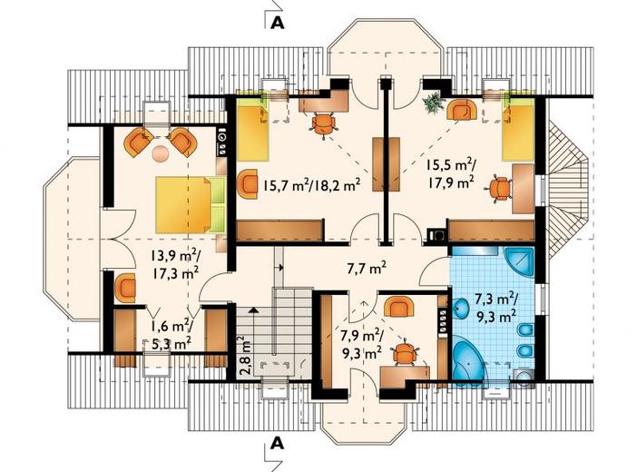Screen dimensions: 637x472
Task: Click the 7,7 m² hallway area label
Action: click(367, 269)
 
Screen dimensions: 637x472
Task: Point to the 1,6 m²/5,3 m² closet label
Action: click(171, 335)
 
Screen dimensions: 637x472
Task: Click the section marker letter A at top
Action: click(278, 24)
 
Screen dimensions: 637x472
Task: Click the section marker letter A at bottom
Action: click(278, 443)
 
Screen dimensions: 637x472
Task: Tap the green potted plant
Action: click(432, 102)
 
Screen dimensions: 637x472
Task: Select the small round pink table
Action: click(160, 153)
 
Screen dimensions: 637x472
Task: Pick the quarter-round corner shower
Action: click(519, 261)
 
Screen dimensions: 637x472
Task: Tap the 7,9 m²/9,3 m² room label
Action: click(361, 343)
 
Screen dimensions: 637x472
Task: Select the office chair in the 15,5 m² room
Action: click(500, 189)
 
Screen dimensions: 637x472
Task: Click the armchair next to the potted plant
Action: click(462, 109)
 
